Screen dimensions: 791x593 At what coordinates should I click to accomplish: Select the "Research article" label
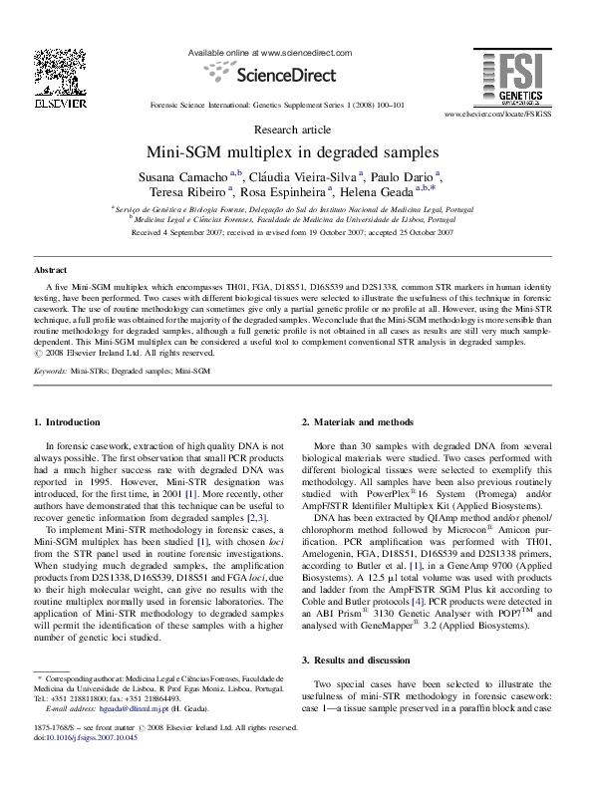tap(293, 130)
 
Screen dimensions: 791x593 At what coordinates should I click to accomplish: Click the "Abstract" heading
tap(51, 270)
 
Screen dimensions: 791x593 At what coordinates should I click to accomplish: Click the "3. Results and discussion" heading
tap(357, 661)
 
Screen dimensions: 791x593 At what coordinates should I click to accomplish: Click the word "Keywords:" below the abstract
tap(50, 371)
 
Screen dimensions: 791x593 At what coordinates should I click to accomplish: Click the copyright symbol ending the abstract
tap(38, 352)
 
